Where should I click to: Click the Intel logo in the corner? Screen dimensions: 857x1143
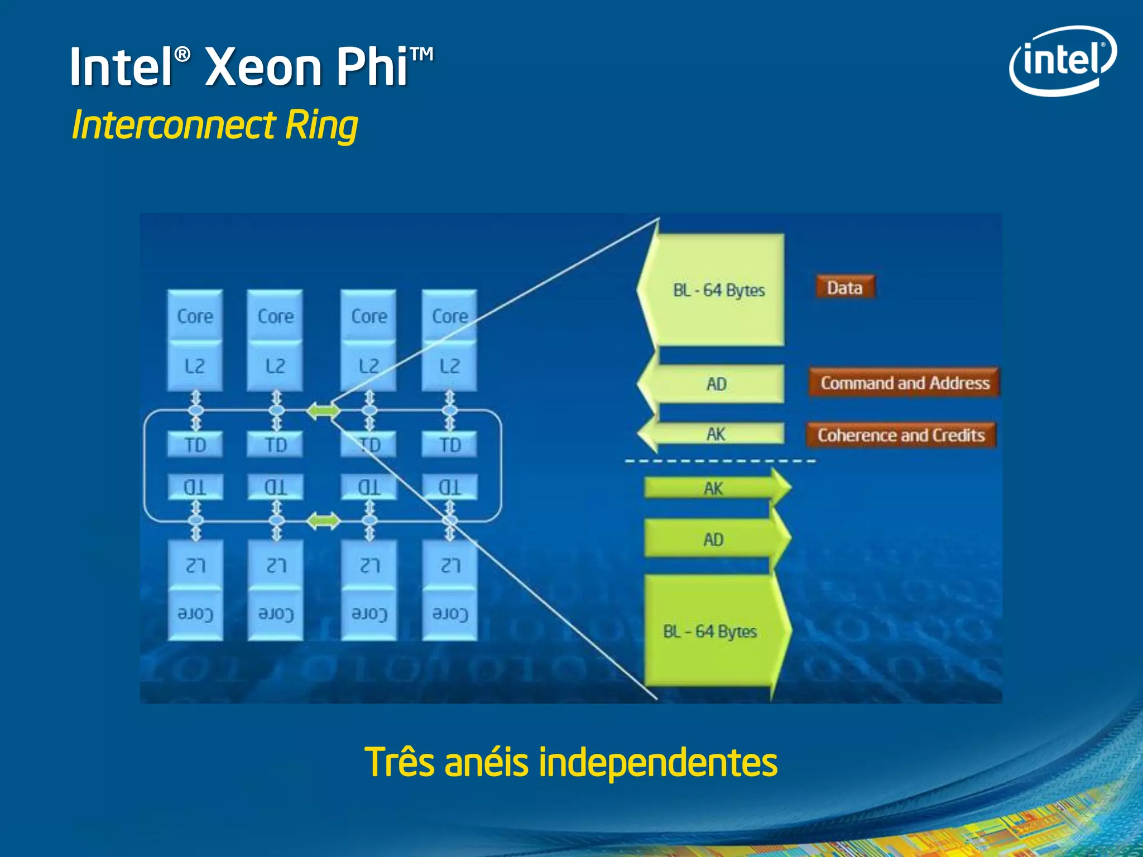tap(1063, 60)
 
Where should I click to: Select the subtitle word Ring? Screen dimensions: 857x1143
tap(321, 125)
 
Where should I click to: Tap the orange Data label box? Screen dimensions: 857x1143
tap(844, 288)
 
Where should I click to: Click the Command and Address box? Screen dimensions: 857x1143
tap(904, 383)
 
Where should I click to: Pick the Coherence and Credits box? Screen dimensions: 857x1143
tap(901, 435)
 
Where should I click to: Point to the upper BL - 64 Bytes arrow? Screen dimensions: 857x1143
tap(718, 290)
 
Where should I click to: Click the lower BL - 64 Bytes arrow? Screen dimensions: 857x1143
tap(710, 632)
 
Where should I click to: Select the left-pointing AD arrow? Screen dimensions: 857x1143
tap(716, 384)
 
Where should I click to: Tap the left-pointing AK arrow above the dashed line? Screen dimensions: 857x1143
tap(715, 434)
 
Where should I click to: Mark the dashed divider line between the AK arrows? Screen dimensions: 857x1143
tap(720, 461)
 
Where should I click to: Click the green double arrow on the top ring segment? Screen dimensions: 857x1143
tap(323, 411)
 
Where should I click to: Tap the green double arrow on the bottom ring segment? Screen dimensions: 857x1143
tap(323, 521)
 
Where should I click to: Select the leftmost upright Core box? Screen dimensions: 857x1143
tap(195, 316)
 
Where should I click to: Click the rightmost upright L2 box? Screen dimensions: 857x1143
tap(450, 366)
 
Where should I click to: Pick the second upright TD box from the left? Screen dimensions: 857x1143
tap(276, 445)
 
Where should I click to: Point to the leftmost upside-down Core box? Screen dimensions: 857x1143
tap(195, 614)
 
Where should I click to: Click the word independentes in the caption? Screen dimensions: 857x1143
tap(657, 763)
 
